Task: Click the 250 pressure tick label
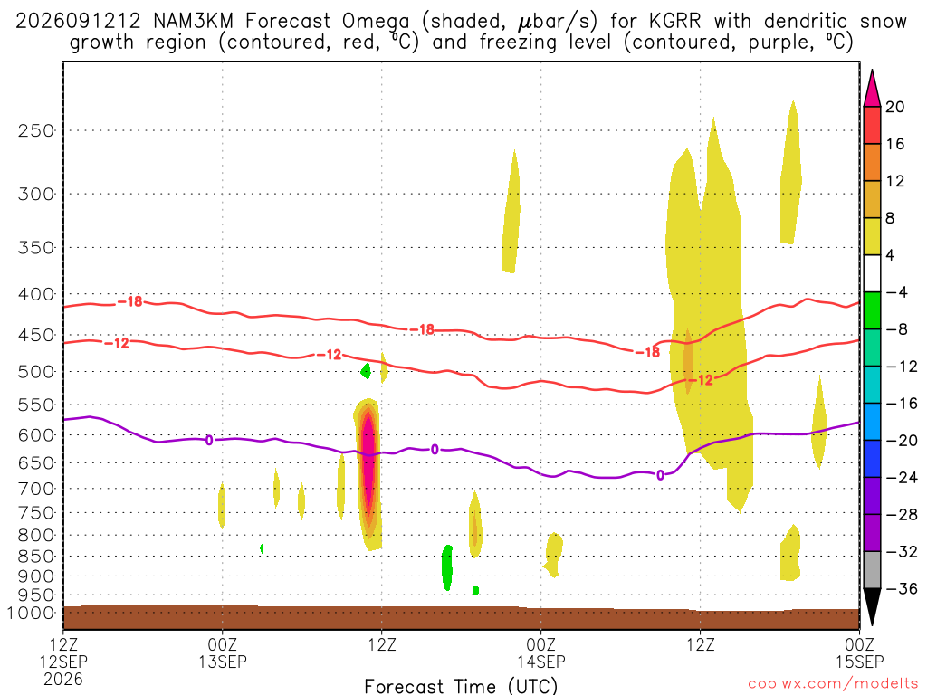click(36, 130)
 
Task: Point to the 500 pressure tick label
click(36, 372)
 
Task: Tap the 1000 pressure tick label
click(30, 613)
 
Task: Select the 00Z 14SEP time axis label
click(541, 652)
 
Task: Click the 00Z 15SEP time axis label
click(859, 652)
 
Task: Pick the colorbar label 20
click(895, 107)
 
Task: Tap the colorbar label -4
click(896, 292)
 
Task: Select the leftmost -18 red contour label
click(130, 301)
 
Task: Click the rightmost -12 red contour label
click(702, 380)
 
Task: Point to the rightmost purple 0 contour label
click(660, 474)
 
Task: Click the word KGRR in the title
click(674, 22)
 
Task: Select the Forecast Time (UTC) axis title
click(461, 686)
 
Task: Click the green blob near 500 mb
click(366, 371)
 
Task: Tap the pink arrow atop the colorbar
click(872, 88)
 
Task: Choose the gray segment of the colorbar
click(872, 570)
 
